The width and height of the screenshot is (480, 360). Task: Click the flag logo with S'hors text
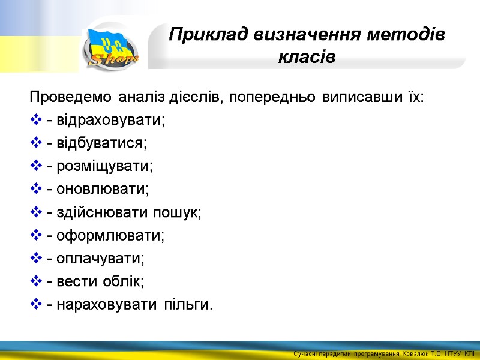tap(112, 49)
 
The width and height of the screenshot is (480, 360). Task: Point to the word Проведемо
tap(70, 97)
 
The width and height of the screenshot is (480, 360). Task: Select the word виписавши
tap(356, 97)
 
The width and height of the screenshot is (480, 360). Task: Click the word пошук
tap(179, 212)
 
